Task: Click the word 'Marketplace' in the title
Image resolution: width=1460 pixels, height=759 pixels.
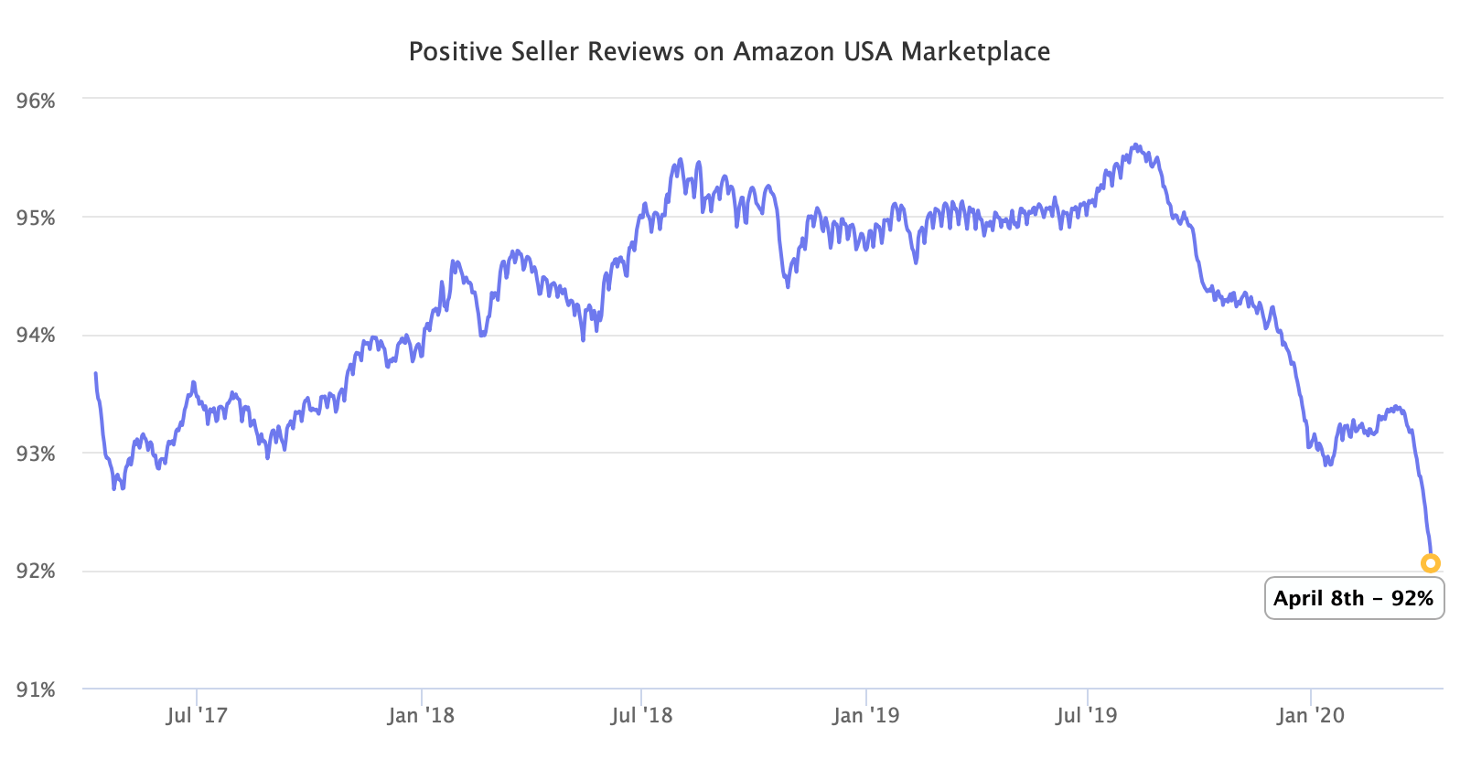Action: click(975, 52)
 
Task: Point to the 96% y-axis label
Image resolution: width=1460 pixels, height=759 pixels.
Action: click(37, 101)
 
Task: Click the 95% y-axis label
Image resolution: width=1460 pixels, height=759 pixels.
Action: click(37, 218)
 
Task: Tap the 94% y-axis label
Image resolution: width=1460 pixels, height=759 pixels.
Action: click(37, 336)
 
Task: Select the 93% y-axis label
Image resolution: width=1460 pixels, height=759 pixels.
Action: click(37, 454)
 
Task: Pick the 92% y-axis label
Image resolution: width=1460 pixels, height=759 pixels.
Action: click(37, 572)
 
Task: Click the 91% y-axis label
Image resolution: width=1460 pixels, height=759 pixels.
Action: click(37, 690)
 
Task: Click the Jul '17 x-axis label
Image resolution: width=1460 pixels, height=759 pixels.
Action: click(197, 715)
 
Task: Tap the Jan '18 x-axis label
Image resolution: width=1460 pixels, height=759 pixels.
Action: click(421, 715)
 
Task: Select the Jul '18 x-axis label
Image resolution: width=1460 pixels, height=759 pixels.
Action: click(641, 715)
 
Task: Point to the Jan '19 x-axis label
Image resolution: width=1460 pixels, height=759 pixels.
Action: click(865, 715)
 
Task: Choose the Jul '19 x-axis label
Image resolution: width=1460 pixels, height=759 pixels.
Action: click(1087, 715)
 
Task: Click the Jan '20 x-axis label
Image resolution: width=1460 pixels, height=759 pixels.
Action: click(1311, 715)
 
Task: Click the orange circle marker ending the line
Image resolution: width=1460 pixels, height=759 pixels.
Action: click(1431, 563)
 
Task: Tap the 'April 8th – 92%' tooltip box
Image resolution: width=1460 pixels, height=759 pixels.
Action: click(1354, 599)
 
